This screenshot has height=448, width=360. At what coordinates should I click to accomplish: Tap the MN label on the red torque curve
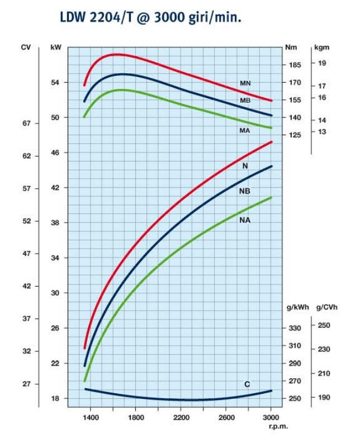tap(245, 83)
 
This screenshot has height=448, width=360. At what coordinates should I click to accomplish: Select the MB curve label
tap(245, 101)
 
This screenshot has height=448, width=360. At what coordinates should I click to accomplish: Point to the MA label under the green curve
tap(244, 130)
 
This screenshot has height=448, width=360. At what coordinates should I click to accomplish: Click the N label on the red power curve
tap(245, 166)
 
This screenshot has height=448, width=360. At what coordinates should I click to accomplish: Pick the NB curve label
tap(244, 191)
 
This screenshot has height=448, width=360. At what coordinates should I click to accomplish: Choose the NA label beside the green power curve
tap(244, 220)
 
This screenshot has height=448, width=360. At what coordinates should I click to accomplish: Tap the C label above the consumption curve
tap(247, 384)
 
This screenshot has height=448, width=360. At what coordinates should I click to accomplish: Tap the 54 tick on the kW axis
tap(55, 83)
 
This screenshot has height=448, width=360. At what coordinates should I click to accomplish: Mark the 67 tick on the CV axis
tap(26, 123)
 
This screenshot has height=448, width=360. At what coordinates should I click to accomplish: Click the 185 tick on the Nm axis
tap(294, 65)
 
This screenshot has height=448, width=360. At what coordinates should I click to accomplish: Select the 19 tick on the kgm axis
tap(322, 63)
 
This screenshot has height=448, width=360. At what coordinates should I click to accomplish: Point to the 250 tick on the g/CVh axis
tap(324, 325)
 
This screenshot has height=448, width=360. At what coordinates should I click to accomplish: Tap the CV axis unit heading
tap(26, 47)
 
